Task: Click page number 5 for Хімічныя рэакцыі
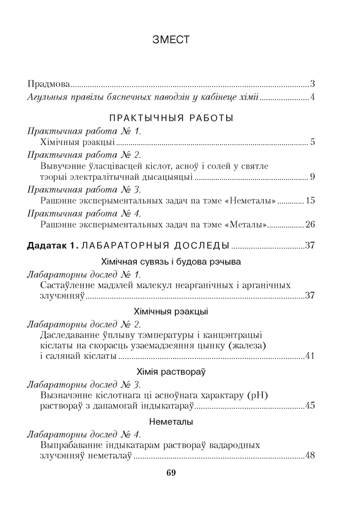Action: [x=312, y=142]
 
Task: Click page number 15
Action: [x=310, y=200]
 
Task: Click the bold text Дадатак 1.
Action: [x=52, y=245]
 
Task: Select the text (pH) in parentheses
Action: [x=259, y=395]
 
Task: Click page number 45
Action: [x=310, y=406]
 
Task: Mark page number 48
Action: [x=310, y=454]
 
